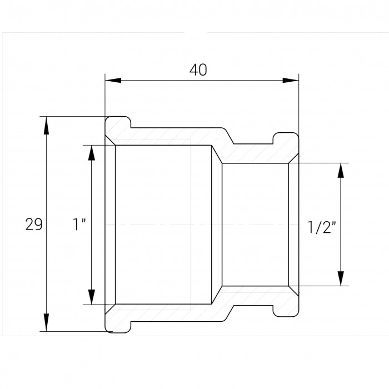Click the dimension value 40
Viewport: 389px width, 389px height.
(198, 70)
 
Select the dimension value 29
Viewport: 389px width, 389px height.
(34, 225)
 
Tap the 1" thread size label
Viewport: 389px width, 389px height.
(79, 225)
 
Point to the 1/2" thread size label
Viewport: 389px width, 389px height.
(321, 227)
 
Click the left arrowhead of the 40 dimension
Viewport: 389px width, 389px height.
(113, 81)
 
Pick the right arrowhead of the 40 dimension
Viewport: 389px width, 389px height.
(291, 81)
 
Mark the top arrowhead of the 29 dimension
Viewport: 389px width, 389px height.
(46, 125)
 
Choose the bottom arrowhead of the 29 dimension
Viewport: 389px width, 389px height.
(46, 322)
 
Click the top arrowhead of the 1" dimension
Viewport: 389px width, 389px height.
(92, 153)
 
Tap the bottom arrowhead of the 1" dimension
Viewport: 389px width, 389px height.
(92, 296)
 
